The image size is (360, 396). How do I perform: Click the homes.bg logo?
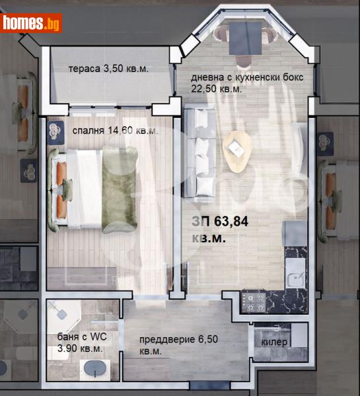pyautogui.click(x=31, y=23)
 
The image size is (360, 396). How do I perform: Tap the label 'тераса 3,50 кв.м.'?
pyautogui.click(x=116, y=69)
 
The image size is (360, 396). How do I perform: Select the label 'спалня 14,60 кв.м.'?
pyautogui.click(x=116, y=131)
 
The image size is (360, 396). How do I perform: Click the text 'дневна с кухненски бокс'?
pyautogui.click(x=247, y=77)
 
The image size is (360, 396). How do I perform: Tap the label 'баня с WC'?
pyautogui.click(x=79, y=336)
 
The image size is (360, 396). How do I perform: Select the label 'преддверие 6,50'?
pyautogui.click(x=178, y=340)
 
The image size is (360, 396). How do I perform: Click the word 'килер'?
pyautogui.click(x=274, y=343)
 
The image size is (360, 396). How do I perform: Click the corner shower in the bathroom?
pyautogui.click(x=63, y=317)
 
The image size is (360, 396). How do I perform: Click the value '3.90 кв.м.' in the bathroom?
pyautogui.click(x=79, y=348)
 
